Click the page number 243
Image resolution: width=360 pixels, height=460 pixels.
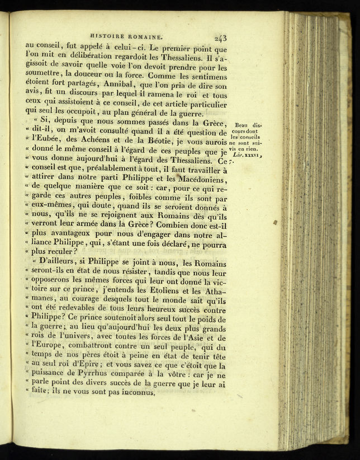(x=220, y=39)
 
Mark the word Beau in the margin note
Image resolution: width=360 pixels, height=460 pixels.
(x=242, y=125)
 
